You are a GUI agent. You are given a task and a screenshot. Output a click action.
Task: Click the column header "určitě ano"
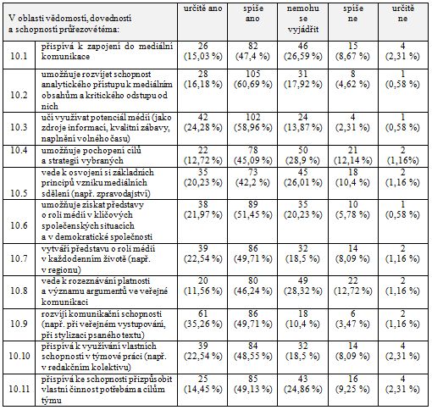tap(202, 8)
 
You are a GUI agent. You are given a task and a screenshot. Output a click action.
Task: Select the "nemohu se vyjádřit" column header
tap(302, 19)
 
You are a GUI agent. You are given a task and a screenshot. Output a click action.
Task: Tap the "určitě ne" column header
tap(402, 14)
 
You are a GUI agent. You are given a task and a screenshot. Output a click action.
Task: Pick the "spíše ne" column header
tap(352, 14)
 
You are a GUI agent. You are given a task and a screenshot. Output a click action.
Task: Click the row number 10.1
tap(19, 56)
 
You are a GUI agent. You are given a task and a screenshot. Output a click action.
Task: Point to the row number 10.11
tap(19, 389)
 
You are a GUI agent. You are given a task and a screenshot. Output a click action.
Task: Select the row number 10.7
tap(19, 258)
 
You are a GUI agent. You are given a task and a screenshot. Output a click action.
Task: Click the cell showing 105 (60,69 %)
tap(252, 79)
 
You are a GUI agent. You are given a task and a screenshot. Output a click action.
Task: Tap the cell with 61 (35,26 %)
tap(202, 319)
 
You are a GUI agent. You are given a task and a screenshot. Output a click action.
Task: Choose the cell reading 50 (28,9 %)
tap(302, 155)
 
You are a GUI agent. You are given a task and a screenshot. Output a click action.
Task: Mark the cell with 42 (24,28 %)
tap(202, 122)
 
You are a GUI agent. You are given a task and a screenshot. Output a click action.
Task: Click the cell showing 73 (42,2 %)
tap(252, 177)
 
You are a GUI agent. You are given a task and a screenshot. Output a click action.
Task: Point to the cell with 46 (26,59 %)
tap(302, 51)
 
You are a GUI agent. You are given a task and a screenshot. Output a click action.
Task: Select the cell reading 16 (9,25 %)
tap(352, 384)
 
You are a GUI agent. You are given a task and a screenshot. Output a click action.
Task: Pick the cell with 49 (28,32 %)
tap(302, 285)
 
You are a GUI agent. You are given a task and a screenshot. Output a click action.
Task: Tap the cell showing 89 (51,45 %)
tap(252, 209)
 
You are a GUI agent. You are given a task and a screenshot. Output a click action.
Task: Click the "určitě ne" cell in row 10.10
tap(402, 351)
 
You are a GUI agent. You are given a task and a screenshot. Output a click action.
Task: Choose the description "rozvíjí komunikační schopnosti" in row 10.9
tap(102, 313)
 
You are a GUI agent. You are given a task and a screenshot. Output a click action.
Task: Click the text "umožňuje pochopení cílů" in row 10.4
tap(91, 151)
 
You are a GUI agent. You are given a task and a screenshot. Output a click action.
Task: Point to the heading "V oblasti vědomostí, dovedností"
tap(70, 19)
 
